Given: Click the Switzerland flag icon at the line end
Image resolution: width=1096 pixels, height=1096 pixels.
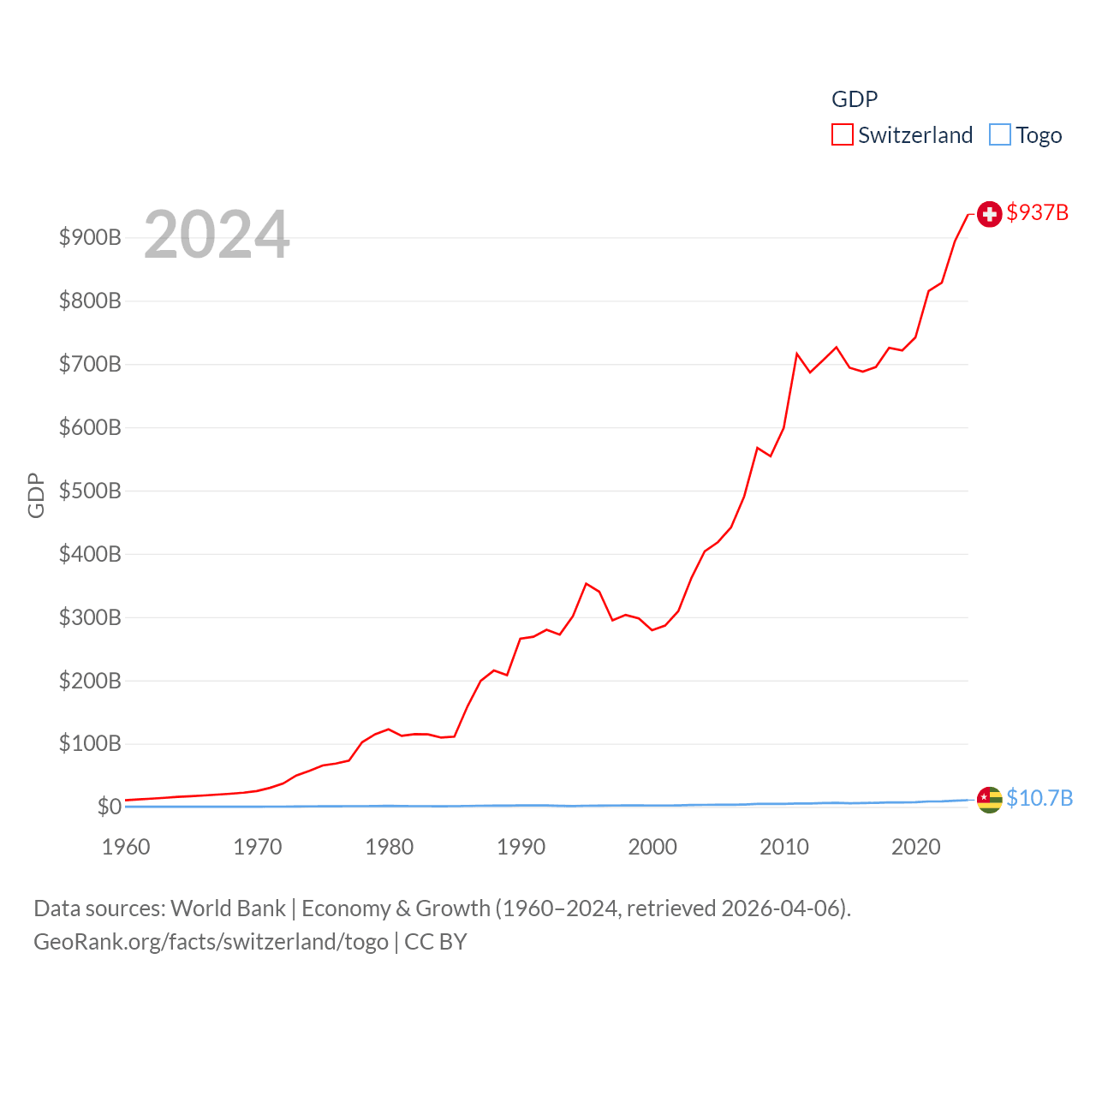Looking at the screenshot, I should click(989, 214).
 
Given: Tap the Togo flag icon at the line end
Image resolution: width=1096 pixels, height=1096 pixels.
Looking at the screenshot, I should click(989, 800).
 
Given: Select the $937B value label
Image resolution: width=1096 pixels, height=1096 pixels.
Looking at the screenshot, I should click(1038, 212).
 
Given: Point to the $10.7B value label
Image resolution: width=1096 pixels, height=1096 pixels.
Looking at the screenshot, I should click(1039, 798).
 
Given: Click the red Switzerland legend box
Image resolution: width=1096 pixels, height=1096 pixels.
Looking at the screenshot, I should click(843, 135).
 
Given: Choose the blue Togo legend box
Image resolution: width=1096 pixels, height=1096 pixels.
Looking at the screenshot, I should click(1000, 135).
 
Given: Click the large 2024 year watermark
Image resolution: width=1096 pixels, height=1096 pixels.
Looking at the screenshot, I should click(217, 235).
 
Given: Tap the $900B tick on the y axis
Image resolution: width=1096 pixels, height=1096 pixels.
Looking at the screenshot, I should click(90, 237).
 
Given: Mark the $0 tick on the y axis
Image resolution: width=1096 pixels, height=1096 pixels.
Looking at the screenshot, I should click(109, 807).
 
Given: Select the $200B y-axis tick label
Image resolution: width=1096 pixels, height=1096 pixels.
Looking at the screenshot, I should click(90, 681).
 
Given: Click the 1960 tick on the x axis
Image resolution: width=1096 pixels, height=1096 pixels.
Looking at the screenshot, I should click(126, 847).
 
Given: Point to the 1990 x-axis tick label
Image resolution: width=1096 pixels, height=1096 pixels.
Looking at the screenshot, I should click(521, 847).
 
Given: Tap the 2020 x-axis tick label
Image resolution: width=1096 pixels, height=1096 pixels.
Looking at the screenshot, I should click(916, 847).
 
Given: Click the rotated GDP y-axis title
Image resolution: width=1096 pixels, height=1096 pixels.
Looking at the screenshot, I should click(36, 495).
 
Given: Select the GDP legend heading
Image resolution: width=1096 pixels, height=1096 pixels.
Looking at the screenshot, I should click(855, 99).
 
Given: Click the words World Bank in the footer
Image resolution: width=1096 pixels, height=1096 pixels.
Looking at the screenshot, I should click(228, 908).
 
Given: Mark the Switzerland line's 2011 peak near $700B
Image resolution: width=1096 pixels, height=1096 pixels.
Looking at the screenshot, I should click(797, 354).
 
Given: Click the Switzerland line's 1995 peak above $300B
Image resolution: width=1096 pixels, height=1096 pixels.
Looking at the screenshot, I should click(586, 584).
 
